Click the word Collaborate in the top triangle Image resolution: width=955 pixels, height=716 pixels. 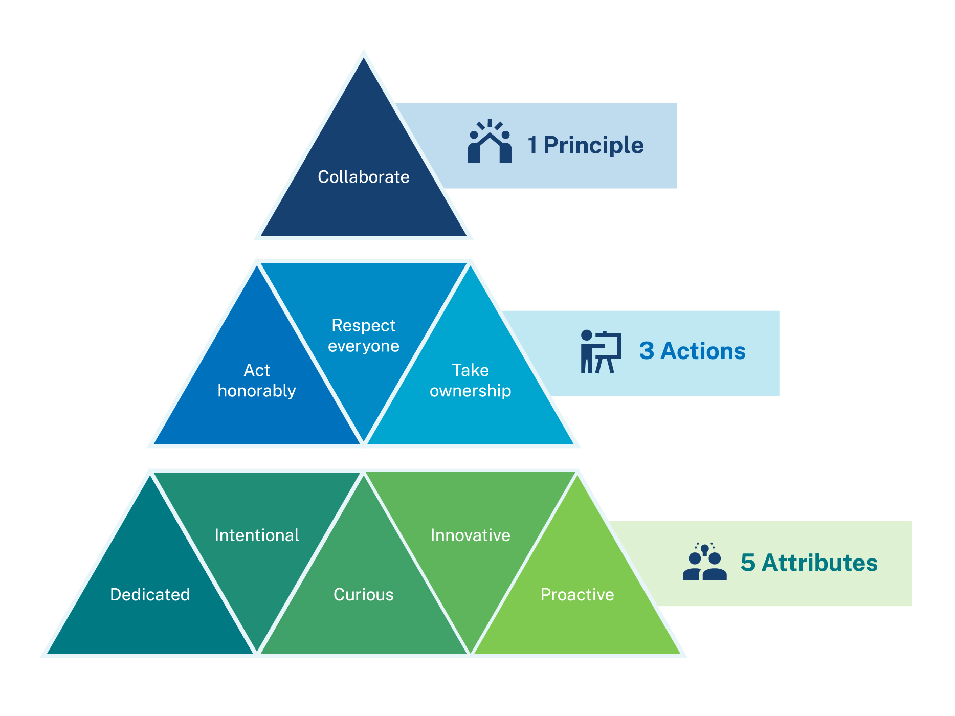[363, 177]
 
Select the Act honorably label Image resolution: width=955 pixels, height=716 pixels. [257, 381]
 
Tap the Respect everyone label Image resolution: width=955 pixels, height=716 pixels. [363, 335]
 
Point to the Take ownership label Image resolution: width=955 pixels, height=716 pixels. [470, 381]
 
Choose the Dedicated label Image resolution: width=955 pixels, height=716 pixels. [150, 594]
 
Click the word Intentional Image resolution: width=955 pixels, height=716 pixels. [257, 535]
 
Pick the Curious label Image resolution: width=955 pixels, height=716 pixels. [363, 594]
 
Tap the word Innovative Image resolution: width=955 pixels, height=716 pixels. [470, 535]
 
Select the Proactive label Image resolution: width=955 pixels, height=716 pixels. [577, 594]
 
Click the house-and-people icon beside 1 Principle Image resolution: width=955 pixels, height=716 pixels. [490, 142]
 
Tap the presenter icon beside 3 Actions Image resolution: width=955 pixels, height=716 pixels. [601, 352]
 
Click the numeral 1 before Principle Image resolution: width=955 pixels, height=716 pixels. [532, 145]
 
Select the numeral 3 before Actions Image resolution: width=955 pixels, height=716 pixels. [647, 351]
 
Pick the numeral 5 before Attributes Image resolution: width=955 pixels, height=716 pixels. [748, 563]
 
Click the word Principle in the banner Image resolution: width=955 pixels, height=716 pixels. [593, 145]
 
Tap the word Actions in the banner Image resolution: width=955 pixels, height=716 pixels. [703, 351]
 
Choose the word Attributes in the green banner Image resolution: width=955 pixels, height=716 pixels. [819, 563]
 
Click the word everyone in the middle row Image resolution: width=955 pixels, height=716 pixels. [363, 346]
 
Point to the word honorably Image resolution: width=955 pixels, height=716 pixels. [257, 391]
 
